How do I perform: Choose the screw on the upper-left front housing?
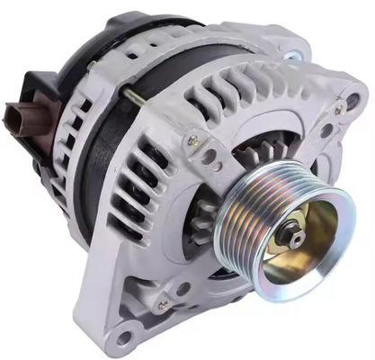coord(192,140)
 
